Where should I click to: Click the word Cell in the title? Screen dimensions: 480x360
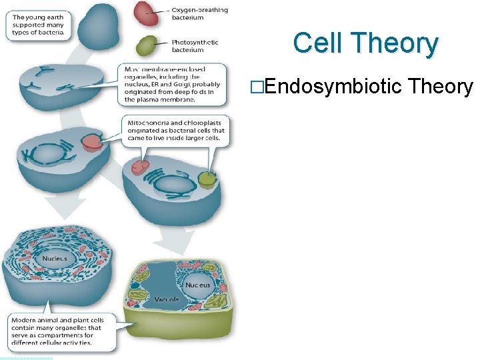[x=317, y=43]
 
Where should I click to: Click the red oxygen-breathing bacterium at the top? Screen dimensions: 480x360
[x=147, y=13]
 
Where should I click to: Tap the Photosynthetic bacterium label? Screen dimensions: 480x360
[x=195, y=46]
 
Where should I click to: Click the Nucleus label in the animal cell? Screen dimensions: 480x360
[x=55, y=258]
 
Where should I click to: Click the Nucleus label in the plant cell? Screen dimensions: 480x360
[x=197, y=285]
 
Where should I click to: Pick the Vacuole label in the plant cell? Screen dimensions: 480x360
[x=167, y=300]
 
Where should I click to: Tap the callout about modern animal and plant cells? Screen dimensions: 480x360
[x=60, y=331]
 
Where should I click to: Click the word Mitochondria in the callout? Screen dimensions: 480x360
[x=149, y=123]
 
